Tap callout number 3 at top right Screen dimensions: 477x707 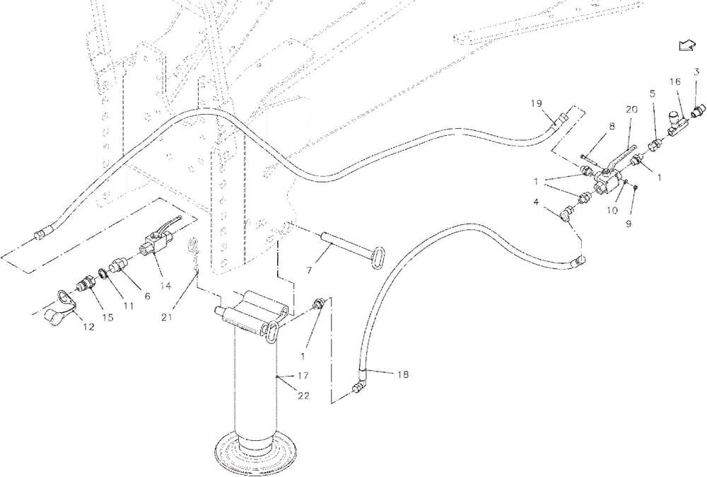point(696,71)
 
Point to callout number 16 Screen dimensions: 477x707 point(675,82)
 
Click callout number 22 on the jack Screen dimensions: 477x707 point(303,396)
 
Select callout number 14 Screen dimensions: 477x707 point(165,286)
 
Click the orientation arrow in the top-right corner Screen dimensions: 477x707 point(685,46)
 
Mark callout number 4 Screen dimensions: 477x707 point(537,203)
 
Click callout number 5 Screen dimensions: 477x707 point(652,93)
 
